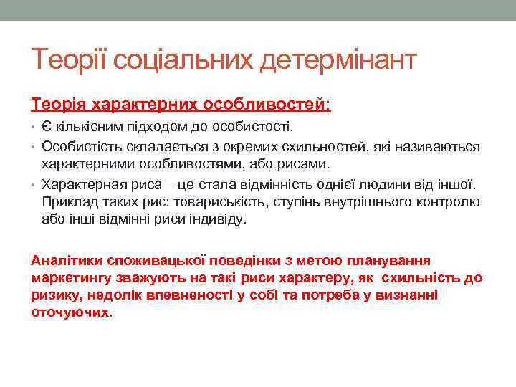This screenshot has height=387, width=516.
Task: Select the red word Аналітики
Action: (64, 259)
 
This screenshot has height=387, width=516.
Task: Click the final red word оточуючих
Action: (72, 313)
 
